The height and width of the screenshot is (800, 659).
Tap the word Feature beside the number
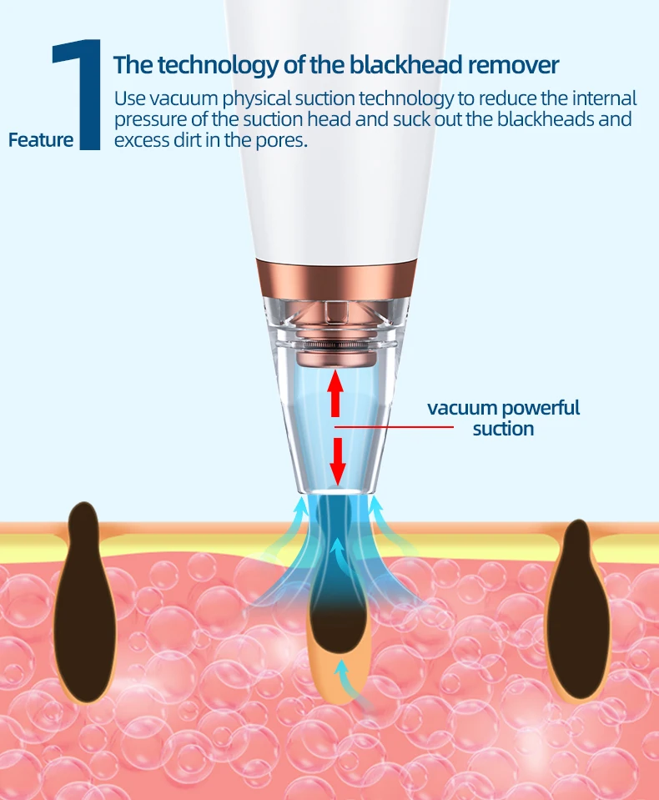pos(41,139)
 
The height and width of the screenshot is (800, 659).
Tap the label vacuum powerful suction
pos(503,418)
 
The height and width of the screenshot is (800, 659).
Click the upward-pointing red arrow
pos(335,391)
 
